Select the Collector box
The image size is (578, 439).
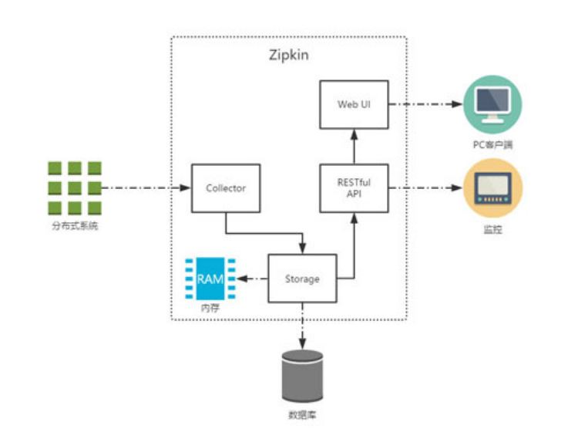[224, 187]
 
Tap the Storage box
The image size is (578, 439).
[301, 279]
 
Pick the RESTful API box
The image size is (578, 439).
[354, 188]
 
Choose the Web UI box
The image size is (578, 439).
[354, 104]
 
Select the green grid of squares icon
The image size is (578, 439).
[75, 187]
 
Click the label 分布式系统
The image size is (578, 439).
[75, 226]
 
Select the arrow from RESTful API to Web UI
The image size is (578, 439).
[354, 147]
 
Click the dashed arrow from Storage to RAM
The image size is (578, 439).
[250, 279]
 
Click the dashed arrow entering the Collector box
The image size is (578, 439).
[146, 187]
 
